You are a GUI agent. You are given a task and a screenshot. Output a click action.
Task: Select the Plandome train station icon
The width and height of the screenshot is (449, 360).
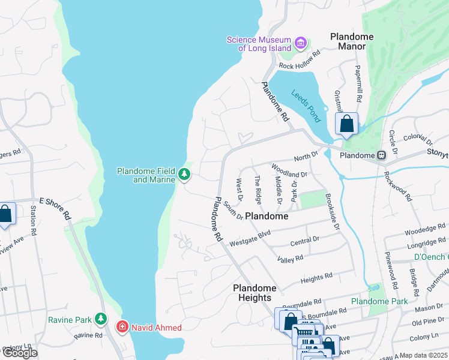[381, 155]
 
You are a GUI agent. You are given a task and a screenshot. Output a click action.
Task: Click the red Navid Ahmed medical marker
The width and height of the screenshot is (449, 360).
[122, 327]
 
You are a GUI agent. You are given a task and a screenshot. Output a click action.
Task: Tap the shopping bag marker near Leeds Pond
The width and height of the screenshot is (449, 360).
[346, 125]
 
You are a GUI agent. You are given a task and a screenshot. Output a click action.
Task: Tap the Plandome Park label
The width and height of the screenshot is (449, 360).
[379, 301]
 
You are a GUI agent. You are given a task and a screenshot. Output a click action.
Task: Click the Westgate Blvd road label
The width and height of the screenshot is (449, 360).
[250, 238]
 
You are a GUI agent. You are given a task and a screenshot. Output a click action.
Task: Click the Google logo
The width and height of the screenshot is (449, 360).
[19, 353]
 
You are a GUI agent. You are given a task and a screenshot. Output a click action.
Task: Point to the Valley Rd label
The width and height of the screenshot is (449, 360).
[290, 258]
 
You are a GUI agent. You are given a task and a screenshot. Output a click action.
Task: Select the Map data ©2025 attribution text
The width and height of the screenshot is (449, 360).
[423, 355]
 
